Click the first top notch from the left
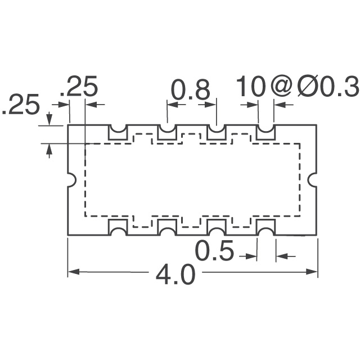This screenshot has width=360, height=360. pos(118,132)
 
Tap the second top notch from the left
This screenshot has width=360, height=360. pos(167,132)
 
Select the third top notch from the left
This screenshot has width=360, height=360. pos(217,132)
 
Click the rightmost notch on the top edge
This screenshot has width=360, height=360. pos(266,132)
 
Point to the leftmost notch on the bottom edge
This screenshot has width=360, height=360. pos(118,227)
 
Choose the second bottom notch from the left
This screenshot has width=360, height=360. pos(167,227)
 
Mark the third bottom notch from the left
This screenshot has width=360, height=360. pos(217,227)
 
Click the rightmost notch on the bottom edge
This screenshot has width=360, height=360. pos(266,227)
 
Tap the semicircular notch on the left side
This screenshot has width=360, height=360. pos(71,179)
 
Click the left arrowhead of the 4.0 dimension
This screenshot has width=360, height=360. pos(73,273)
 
